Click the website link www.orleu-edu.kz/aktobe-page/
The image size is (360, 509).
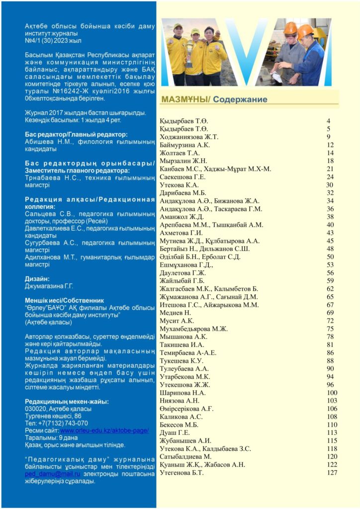[x=104, y=430]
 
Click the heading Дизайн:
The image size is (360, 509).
[x=37, y=279]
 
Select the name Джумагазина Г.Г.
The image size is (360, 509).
[x=49, y=286]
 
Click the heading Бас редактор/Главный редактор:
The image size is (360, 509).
[x=76, y=134]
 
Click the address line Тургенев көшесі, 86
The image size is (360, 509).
[x=53, y=416]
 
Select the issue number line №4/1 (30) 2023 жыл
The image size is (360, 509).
[x=53, y=40]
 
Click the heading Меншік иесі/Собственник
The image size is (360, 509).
[x=65, y=301]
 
